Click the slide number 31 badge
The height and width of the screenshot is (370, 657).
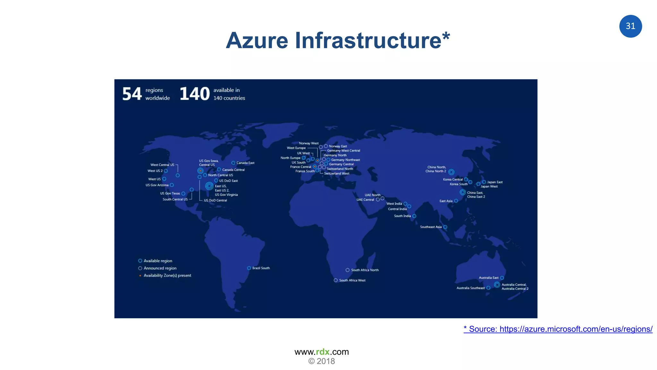tap(630, 26)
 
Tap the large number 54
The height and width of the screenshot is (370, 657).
tap(132, 94)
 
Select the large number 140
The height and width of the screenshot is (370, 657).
tap(194, 94)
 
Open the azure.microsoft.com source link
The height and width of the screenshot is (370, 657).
tap(558, 329)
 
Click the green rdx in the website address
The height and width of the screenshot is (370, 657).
tap(323, 352)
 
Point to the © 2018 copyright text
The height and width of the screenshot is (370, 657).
tap(321, 361)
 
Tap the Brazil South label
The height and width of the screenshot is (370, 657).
tap(261, 268)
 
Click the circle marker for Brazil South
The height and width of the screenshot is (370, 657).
tap(249, 268)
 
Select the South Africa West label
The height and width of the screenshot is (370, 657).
tap(352, 280)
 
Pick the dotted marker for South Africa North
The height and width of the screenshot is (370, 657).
tap(347, 270)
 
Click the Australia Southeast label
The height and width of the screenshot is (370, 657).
tap(471, 288)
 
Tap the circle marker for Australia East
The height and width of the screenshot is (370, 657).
tap(502, 278)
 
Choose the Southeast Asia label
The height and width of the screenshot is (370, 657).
tap(431, 227)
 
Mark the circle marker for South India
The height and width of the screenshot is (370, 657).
tap(414, 216)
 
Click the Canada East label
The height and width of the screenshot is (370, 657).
tap(245, 163)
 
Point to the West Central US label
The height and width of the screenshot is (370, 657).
tap(162, 165)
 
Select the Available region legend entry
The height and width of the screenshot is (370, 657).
tap(158, 261)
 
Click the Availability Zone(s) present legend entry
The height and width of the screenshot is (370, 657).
tap(167, 276)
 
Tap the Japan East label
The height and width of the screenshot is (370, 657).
tap(495, 182)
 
